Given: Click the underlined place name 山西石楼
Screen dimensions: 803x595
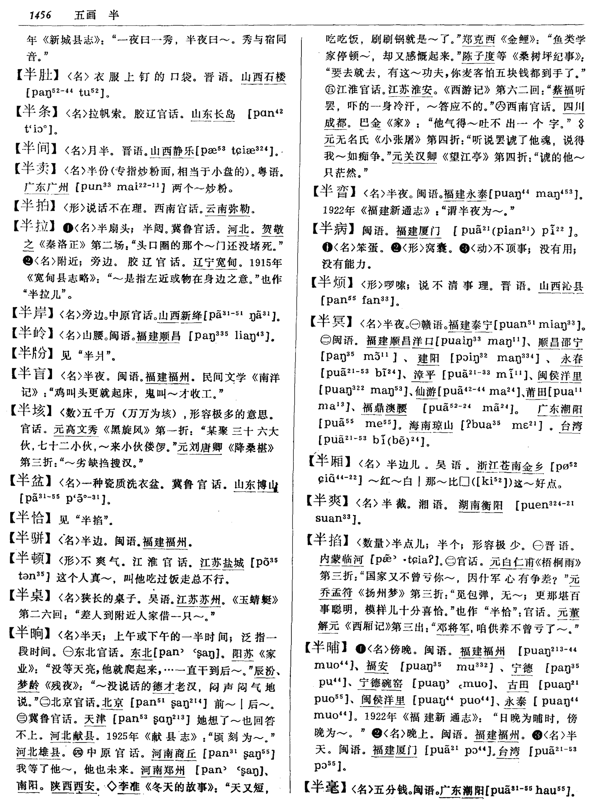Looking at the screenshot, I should click(263, 77).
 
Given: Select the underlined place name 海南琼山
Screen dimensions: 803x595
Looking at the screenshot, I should click(431, 426).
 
